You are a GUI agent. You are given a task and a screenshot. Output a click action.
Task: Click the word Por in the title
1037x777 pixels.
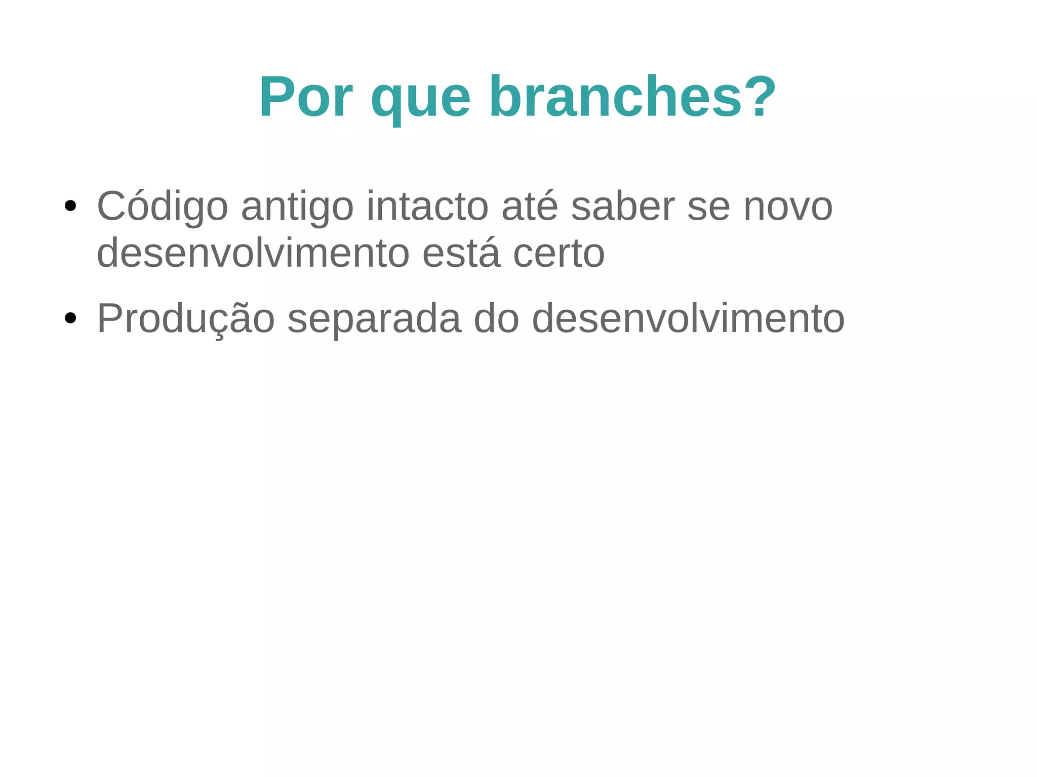coord(306,97)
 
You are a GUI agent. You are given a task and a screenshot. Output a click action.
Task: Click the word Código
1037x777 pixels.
coord(163,207)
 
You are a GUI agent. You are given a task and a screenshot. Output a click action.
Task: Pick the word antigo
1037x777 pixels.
coord(297,207)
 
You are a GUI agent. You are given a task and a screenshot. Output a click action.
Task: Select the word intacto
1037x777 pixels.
coord(428,207)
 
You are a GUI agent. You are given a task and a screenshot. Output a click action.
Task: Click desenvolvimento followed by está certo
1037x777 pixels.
coord(253,253)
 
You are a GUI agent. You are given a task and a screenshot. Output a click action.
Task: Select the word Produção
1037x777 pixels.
coord(186,319)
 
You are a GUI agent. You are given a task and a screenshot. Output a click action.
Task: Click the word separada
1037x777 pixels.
coord(374,319)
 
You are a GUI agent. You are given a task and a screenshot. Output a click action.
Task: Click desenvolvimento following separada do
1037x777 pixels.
coord(688,319)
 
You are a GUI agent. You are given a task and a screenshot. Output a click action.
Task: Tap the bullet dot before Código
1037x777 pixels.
coord(70,206)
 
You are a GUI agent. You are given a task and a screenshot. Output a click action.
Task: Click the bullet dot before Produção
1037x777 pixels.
coord(70,318)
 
